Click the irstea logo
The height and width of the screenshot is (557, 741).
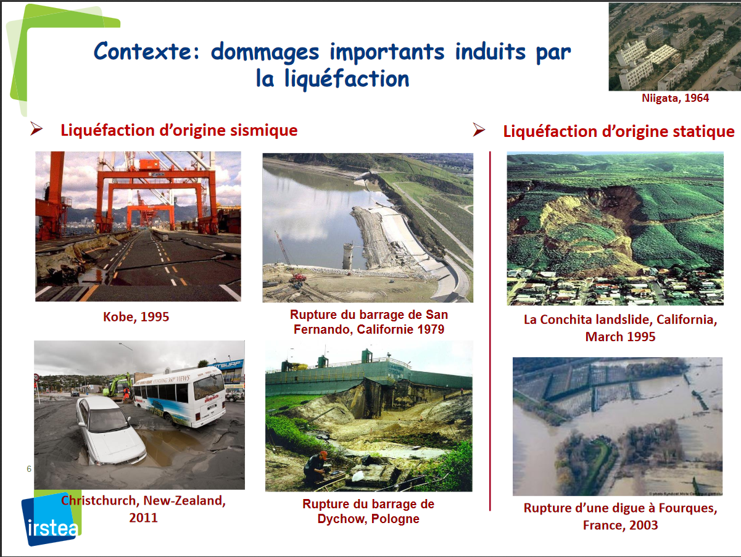51,518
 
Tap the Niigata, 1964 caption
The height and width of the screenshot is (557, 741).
675,98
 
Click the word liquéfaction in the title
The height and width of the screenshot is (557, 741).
347,78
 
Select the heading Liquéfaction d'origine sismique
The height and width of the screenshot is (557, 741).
179,130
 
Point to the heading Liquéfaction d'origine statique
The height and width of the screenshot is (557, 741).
619,131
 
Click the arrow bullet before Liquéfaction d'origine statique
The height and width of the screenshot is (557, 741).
479,130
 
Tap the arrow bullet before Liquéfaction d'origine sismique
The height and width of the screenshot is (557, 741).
36,128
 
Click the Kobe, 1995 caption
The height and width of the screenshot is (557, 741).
136,317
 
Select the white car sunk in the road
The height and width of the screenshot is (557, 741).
110,431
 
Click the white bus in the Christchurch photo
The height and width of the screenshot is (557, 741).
180,397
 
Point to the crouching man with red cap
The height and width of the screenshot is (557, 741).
316,468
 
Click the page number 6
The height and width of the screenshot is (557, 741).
29,469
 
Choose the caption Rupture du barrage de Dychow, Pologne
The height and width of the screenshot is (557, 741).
368,511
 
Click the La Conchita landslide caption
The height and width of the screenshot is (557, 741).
620,328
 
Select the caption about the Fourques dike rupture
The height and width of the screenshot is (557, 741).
620,516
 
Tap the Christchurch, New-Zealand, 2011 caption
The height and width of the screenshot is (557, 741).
144,509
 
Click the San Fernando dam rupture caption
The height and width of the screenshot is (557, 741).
368,322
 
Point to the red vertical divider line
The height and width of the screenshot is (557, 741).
490,331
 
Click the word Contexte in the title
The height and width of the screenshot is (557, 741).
146,51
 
